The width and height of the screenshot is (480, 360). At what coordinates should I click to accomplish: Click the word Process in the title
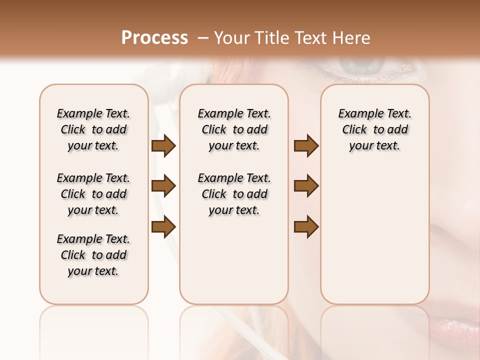(154, 38)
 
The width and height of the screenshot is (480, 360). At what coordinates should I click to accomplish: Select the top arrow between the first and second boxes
(163, 146)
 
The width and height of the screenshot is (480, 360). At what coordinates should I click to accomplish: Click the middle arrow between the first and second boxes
(163, 186)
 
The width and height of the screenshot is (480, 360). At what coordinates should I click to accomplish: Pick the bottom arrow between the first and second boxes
(163, 226)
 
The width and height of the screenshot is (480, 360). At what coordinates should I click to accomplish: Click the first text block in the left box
(93, 129)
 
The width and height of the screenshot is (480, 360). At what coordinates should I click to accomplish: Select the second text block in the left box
(93, 194)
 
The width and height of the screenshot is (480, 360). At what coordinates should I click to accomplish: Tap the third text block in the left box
(93, 255)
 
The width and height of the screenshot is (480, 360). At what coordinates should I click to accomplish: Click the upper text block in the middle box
(234, 129)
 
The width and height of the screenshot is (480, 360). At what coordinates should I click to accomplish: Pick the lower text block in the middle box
(234, 194)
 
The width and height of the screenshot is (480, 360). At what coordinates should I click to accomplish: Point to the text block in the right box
(374, 129)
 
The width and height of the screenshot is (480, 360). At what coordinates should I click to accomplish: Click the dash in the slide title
(202, 38)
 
